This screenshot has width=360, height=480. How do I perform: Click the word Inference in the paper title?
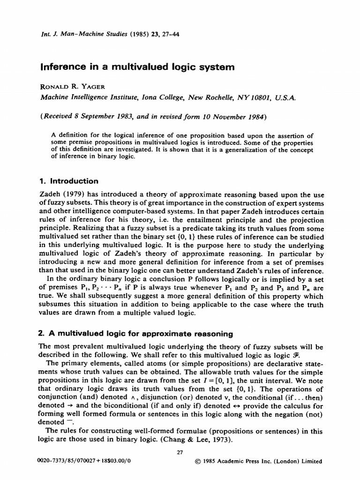62,67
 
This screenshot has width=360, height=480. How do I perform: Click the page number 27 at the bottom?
180,452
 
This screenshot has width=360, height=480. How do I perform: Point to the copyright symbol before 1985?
196,461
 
